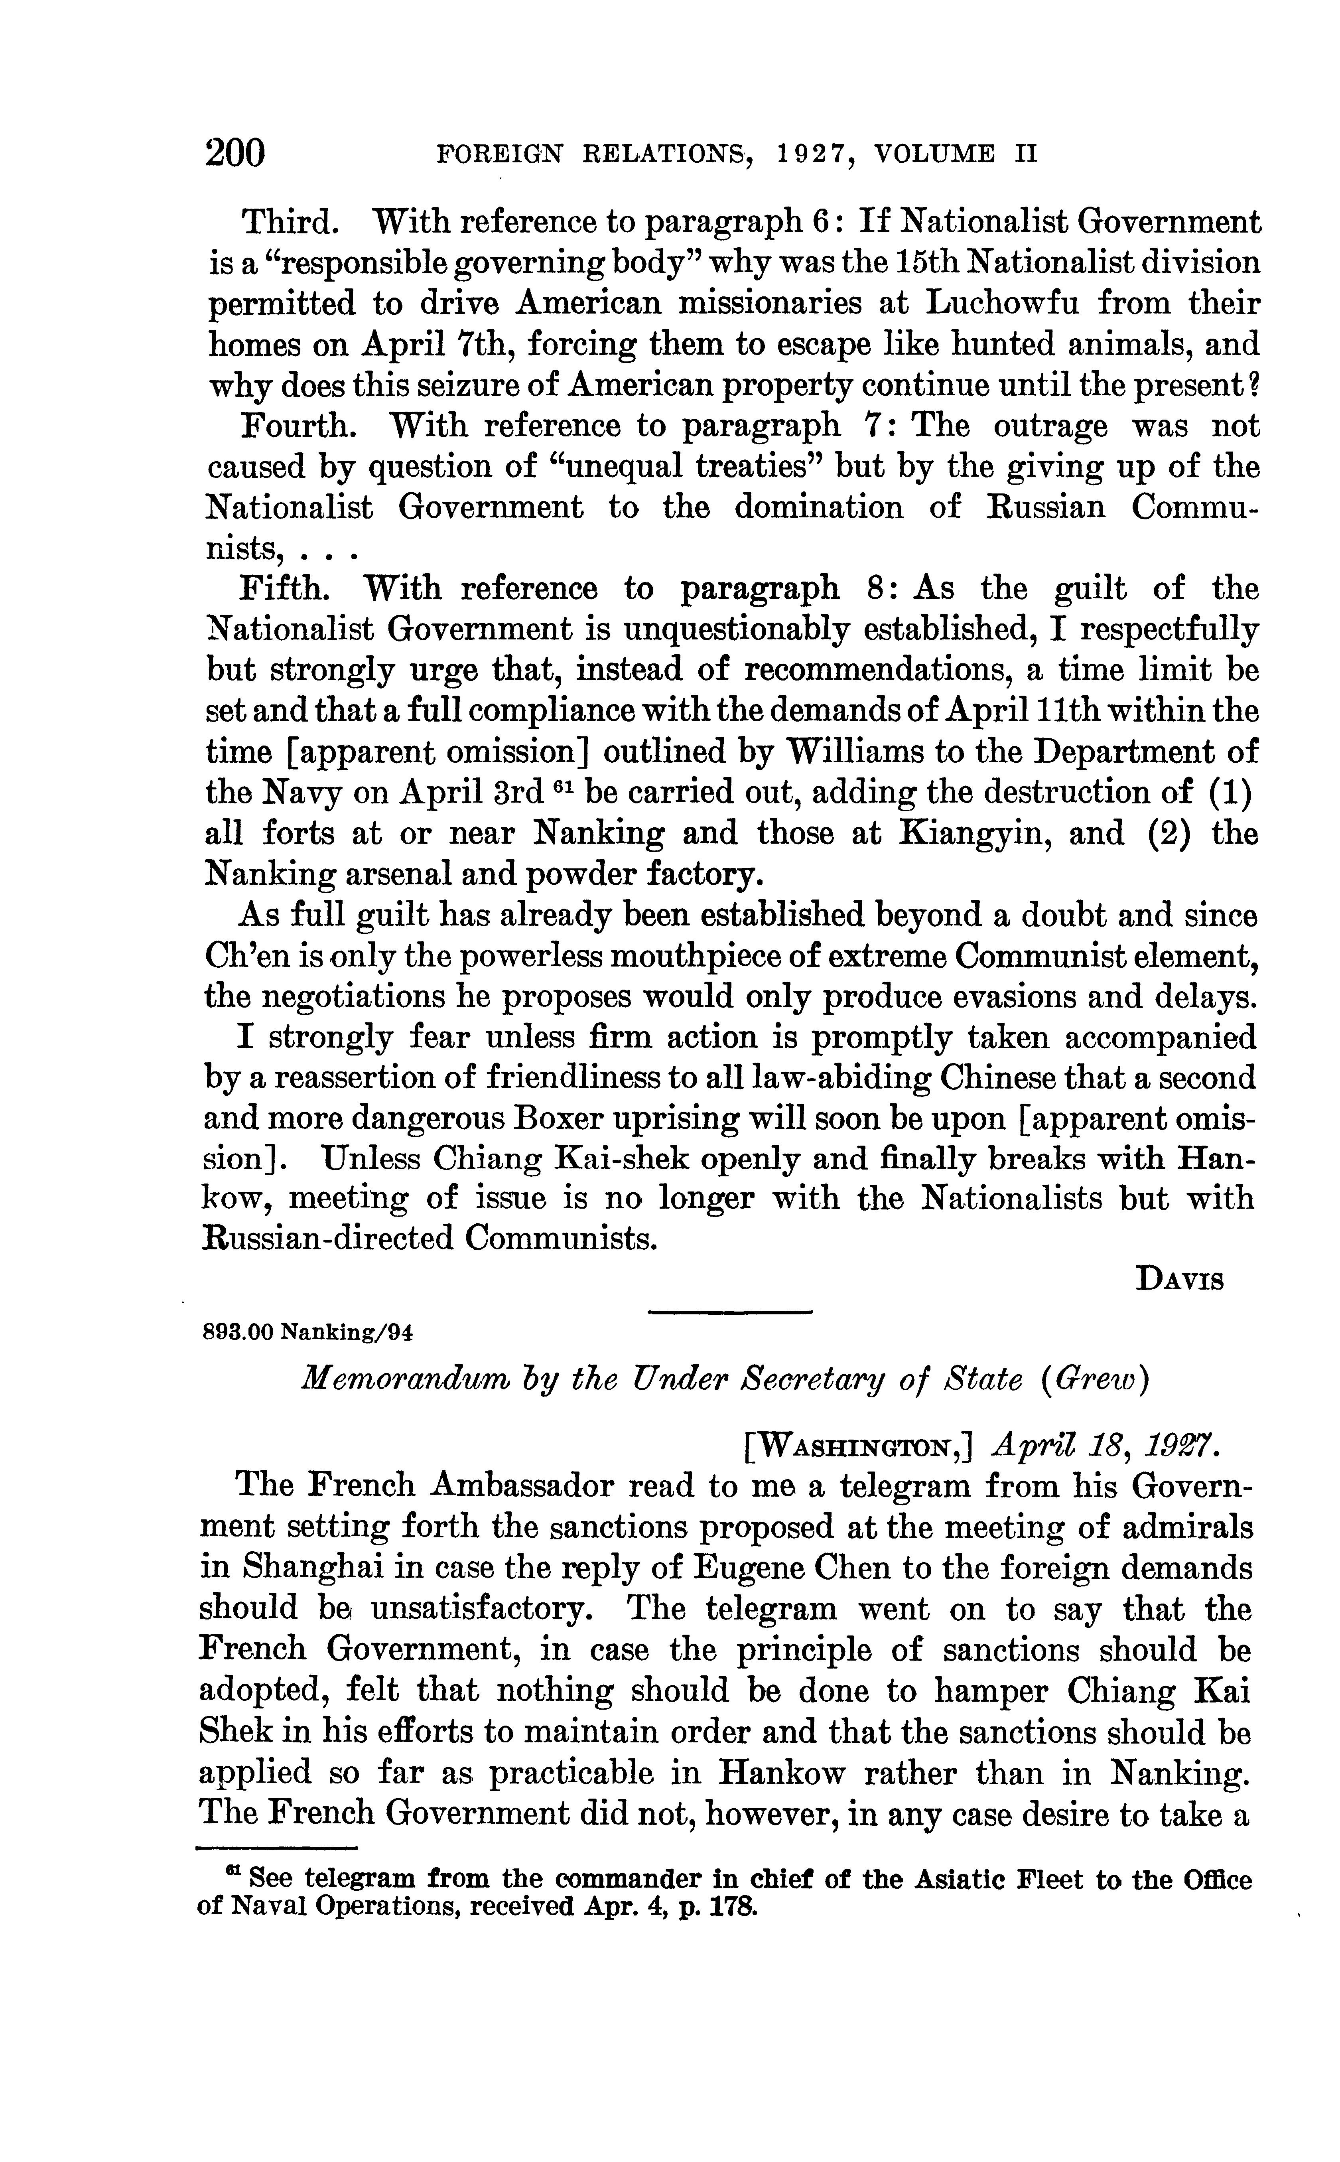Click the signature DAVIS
1180,1282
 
